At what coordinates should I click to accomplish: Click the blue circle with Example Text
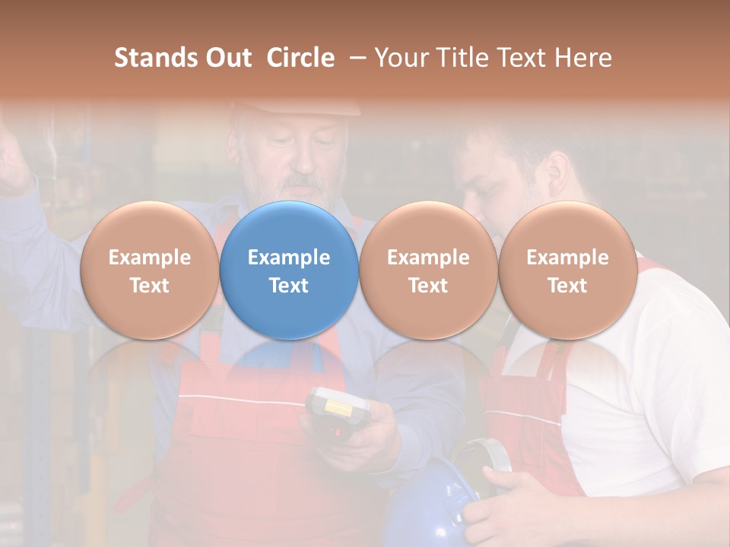(x=289, y=270)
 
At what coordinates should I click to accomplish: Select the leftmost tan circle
(x=149, y=270)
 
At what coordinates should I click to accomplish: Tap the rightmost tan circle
(x=567, y=270)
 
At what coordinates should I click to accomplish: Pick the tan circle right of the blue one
(x=428, y=270)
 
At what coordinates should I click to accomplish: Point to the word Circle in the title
(x=300, y=58)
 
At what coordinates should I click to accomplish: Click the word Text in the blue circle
(x=289, y=286)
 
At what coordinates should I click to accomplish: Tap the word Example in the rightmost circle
(x=567, y=258)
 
